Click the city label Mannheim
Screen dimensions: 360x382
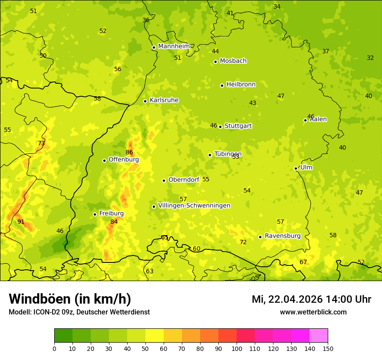pyautogui.click(x=174, y=46)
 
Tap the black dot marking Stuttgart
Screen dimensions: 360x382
pyautogui.click(x=221, y=127)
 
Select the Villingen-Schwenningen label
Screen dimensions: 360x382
pyautogui.click(x=194, y=206)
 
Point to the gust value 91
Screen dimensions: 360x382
pyautogui.click(x=21, y=222)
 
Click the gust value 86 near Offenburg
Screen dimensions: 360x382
pyautogui.click(x=129, y=152)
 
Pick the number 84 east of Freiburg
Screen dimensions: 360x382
pyautogui.click(x=114, y=222)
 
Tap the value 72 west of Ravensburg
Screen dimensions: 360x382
pyautogui.click(x=243, y=242)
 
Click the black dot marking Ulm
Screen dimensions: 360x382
pyautogui.click(x=296, y=168)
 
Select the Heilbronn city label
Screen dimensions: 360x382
pyautogui.click(x=241, y=85)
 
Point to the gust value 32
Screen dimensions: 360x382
pyautogui.click(x=370, y=58)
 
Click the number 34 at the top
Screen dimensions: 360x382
pyautogui.click(x=277, y=7)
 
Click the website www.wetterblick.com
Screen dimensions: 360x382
pyautogui.click(x=313, y=312)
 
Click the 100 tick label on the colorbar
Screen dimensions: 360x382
pyautogui.click(x=237, y=348)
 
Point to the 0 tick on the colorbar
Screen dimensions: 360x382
pyautogui.click(x=54, y=348)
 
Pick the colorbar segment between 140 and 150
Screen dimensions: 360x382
pyautogui.click(x=319, y=336)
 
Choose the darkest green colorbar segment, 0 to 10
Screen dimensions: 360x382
pyautogui.click(x=63, y=336)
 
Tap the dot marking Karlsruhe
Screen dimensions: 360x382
pyautogui.click(x=145, y=101)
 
